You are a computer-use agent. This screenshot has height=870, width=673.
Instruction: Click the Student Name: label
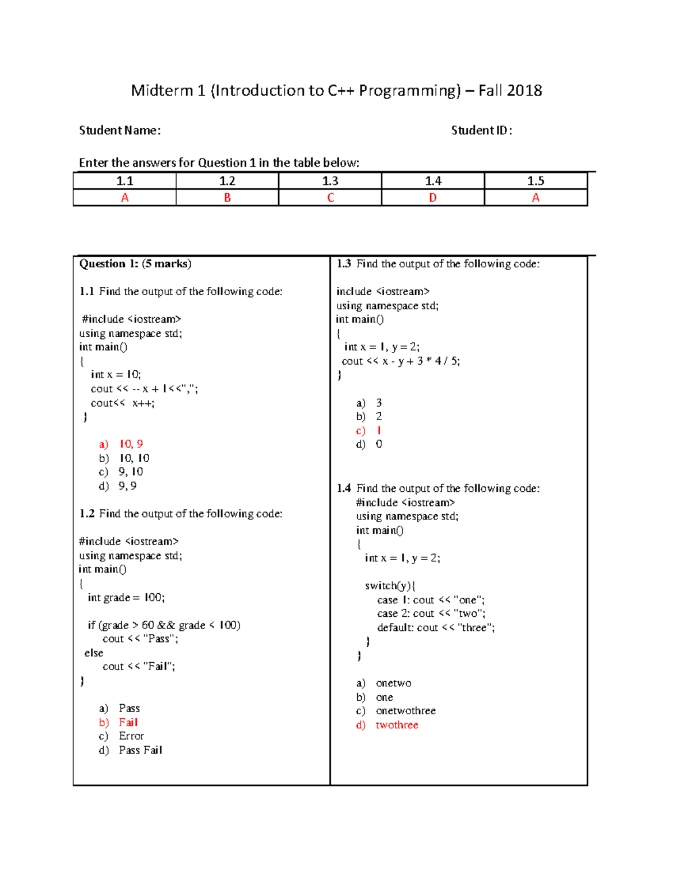[119, 131]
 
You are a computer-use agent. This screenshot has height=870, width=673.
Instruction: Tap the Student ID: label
[481, 131]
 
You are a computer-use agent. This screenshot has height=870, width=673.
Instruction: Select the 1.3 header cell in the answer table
[330, 181]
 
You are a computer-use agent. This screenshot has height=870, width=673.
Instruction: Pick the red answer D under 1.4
[432, 198]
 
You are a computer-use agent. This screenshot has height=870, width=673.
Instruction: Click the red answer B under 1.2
[227, 198]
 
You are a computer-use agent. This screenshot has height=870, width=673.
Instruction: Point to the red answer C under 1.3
[330, 198]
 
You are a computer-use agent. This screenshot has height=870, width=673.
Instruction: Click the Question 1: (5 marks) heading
[135, 264]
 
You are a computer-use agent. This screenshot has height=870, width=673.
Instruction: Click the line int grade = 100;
[126, 598]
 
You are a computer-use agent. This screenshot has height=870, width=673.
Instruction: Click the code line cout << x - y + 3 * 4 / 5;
[400, 361]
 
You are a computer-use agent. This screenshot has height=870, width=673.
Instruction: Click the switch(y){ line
[390, 586]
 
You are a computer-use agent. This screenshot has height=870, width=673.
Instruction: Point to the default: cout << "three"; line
[436, 628]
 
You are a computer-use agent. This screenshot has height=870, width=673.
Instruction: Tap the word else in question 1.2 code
[94, 653]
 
